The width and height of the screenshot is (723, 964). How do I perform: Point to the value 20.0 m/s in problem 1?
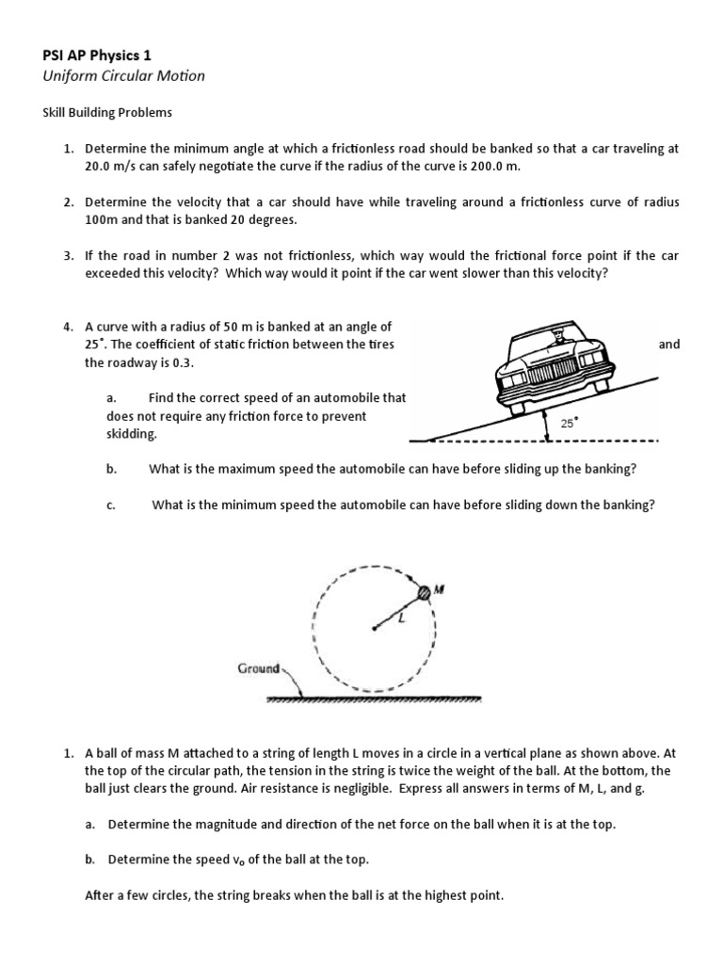(x=111, y=166)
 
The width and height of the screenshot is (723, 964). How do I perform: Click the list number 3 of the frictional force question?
(x=68, y=256)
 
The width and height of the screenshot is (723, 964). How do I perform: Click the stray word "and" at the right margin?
(x=668, y=345)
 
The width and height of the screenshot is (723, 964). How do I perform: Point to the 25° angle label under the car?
(x=569, y=424)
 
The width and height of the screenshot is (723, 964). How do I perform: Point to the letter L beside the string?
(x=399, y=616)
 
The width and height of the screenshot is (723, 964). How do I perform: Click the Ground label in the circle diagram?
(x=259, y=668)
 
